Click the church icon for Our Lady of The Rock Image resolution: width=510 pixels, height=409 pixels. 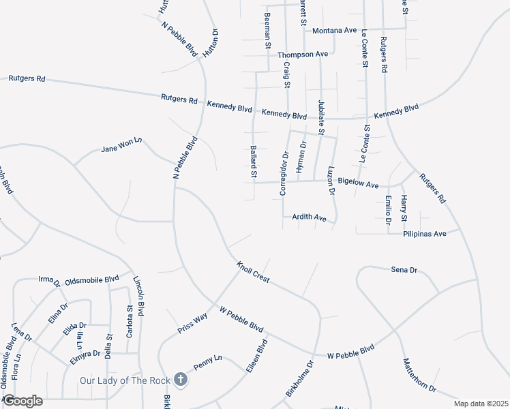point(181,379)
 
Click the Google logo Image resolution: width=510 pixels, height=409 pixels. point(22,401)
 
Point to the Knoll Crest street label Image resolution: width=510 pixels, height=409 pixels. point(253,272)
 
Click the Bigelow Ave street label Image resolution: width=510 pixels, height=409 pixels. point(358,184)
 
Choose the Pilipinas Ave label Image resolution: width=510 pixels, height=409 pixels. point(424,233)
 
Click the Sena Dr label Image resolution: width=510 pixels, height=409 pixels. point(404,270)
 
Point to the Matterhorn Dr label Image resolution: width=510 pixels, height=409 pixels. point(419,376)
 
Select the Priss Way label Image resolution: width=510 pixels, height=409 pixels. point(192,320)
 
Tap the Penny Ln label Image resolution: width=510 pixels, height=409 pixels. point(208,359)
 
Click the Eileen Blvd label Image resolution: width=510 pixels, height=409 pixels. point(256,355)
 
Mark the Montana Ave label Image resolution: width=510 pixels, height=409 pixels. point(335,31)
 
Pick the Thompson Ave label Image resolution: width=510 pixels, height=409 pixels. point(307,54)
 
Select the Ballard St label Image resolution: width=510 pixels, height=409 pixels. point(253,162)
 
